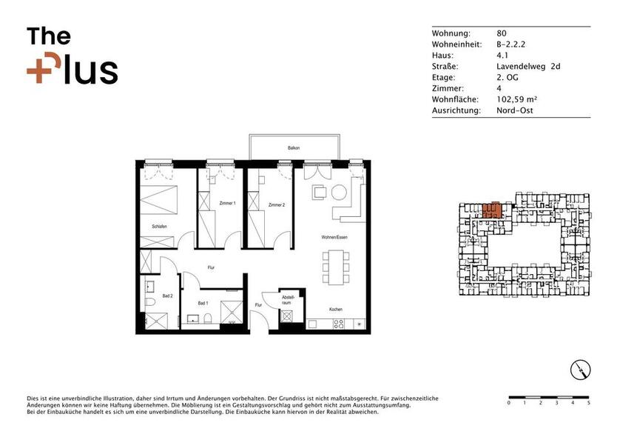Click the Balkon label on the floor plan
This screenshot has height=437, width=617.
click(294, 149)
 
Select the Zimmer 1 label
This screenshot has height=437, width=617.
click(228, 203)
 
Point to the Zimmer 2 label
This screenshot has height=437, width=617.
click(277, 204)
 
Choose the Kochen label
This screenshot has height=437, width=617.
click(335, 309)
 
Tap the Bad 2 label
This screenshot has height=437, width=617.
click(167, 296)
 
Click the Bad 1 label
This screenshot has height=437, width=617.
click(203, 303)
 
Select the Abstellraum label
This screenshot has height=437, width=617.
click(287, 299)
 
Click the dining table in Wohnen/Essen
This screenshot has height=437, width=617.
click(334, 267)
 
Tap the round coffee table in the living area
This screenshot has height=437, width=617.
click(339, 193)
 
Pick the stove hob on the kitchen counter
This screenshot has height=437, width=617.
click(340, 324)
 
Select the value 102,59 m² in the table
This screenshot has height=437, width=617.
click(516, 99)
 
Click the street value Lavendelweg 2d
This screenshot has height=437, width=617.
click(528, 67)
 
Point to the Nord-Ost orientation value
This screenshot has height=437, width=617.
click(515, 110)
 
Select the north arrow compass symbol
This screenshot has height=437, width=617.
click(581, 369)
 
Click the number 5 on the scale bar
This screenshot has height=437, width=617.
click(589, 404)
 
